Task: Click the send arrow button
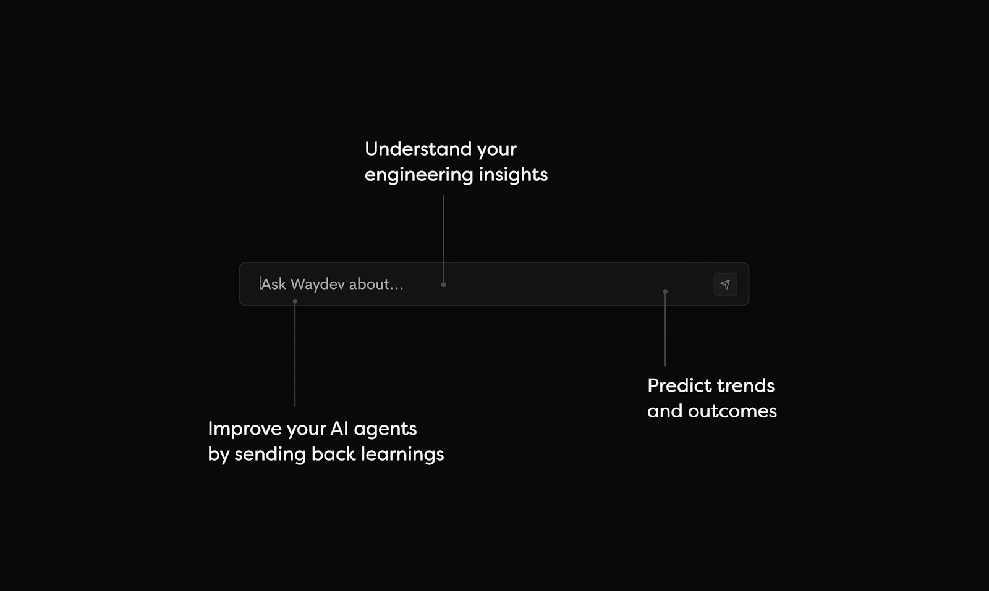click(725, 285)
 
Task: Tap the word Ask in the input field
click(274, 284)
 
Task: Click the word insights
click(513, 175)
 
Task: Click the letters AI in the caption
click(339, 428)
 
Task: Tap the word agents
click(385, 429)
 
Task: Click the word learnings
click(402, 455)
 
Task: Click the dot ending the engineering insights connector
click(443, 285)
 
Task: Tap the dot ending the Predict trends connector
click(665, 291)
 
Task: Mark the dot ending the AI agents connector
click(295, 301)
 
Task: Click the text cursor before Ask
click(260, 283)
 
